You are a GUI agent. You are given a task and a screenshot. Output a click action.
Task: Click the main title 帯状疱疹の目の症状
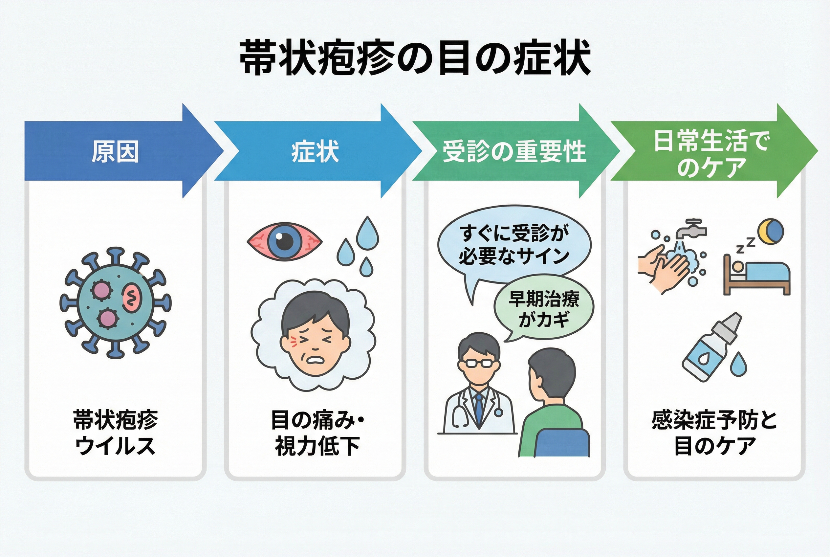[x=415, y=58]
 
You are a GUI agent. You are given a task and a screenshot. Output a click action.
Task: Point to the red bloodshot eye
[x=284, y=242]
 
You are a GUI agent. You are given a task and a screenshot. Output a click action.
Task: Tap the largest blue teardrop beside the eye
[x=367, y=234]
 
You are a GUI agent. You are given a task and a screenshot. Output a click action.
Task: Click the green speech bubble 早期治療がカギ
[x=543, y=308]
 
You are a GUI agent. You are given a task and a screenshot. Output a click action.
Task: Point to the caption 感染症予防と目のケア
[x=714, y=433]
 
